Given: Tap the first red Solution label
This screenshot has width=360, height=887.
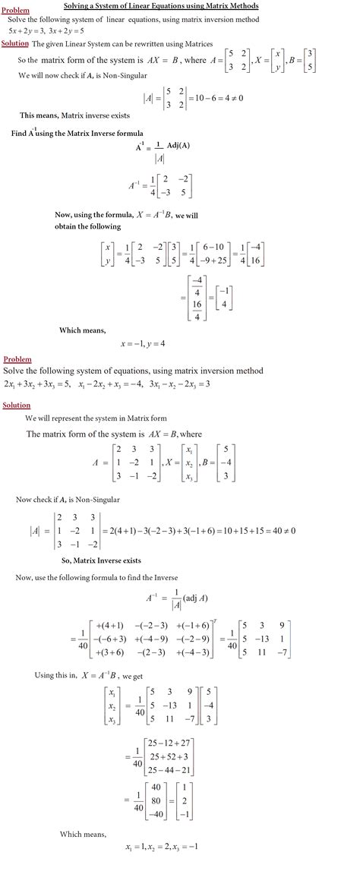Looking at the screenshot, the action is [x=15, y=44].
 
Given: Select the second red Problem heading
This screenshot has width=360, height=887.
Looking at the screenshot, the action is [x=18, y=358].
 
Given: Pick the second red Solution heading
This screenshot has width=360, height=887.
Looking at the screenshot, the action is [x=16, y=406].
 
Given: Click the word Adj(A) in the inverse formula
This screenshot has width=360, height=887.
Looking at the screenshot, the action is [x=170, y=147].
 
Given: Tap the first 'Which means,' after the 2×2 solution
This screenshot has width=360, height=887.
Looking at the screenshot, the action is [x=83, y=330].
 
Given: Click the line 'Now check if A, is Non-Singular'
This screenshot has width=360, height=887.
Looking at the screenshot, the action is [x=68, y=499].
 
